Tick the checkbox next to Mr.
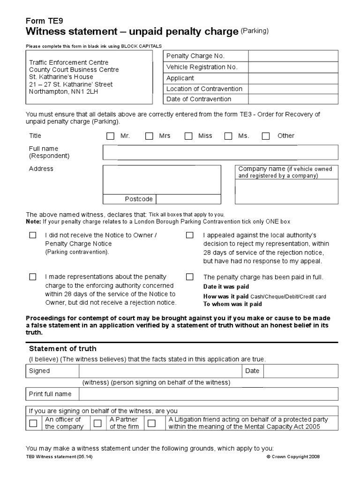[x=110, y=136]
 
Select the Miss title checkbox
[x=188, y=136]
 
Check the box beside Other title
[x=266, y=136]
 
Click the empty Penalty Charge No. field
[x=293, y=56]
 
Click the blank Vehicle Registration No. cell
[x=293, y=67]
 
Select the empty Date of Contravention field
[x=293, y=99]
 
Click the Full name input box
[x=220, y=152]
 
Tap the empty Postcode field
[x=188, y=199]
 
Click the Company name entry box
[x=286, y=192]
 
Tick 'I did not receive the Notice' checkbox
[x=32, y=235]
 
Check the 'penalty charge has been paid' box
[x=189, y=277]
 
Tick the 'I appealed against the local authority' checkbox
[x=189, y=235]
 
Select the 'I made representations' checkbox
[x=32, y=277]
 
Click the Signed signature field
[x=160, y=371]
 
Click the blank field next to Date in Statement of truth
[x=300, y=371]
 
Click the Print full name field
[x=208, y=394]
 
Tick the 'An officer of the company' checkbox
[x=33, y=423]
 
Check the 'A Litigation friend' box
[x=151, y=423]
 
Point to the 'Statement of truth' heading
[x=63, y=348]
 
